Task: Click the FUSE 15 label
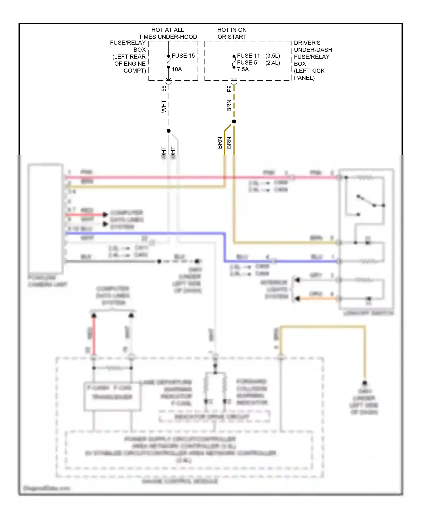pos(183,56)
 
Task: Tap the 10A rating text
pos(177,69)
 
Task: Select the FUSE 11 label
pos(248,56)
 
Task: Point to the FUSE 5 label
pos(247,63)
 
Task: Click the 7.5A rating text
pos(243,69)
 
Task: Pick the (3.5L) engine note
pos(273,56)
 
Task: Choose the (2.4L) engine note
pos(273,63)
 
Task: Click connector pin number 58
pos(164,89)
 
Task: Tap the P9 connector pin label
pos(229,89)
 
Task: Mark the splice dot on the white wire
pos(169,131)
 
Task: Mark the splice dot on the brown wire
pos(234,122)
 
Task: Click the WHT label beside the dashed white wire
pos(164,106)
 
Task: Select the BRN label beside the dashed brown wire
pos(229,106)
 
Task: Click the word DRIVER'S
pos(307,43)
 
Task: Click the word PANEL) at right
pos(304,78)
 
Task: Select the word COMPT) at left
pos(135,71)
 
